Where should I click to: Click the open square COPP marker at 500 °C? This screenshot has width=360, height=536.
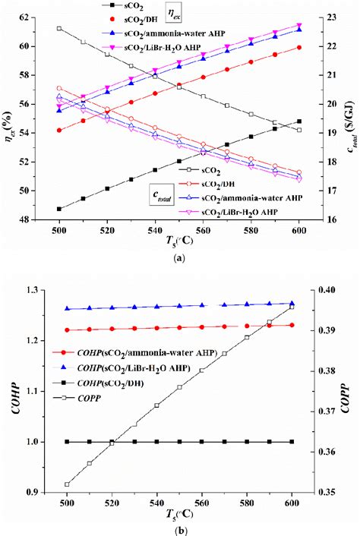pyautogui.click(x=67, y=484)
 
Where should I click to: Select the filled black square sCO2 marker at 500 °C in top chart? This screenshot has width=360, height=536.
pyautogui.click(x=59, y=209)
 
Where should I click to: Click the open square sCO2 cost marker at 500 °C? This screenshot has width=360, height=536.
pyautogui.click(x=59, y=29)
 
